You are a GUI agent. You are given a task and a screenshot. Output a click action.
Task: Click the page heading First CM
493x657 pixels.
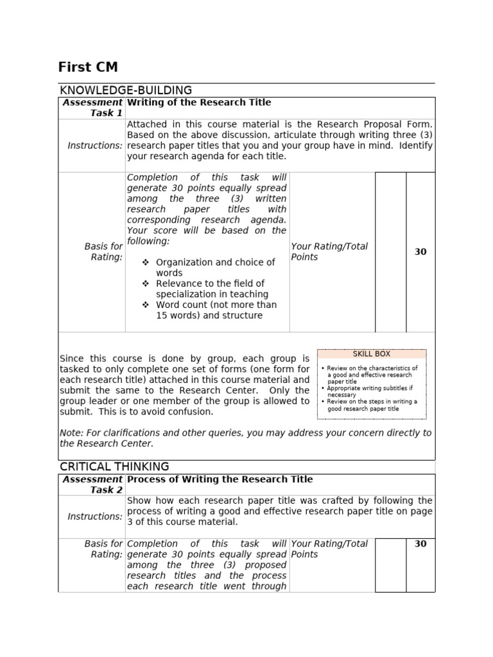(88, 67)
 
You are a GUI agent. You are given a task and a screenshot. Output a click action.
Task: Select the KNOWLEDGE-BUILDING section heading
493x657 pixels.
(125, 90)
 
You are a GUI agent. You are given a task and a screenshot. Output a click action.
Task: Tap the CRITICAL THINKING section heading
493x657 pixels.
(114, 466)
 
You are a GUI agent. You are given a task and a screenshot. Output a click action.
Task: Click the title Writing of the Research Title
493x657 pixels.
(199, 103)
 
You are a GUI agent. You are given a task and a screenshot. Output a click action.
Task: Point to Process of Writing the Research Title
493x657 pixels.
(220, 479)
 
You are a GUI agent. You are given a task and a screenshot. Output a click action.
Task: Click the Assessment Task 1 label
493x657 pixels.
(92, 108)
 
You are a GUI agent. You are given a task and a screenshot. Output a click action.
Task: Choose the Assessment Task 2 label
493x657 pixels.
(92, 484)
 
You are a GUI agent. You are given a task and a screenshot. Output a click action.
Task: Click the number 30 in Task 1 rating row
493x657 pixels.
(420, 252)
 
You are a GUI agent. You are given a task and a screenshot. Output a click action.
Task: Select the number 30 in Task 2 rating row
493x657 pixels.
(420, 544)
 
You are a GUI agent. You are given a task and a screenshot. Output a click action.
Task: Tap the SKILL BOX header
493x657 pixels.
(371, 354)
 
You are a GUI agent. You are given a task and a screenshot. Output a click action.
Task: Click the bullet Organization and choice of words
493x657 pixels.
(215, 268)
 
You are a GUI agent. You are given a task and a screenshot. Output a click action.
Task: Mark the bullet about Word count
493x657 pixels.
(216, 310)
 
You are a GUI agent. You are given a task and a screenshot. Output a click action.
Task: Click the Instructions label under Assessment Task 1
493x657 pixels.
(95, 146)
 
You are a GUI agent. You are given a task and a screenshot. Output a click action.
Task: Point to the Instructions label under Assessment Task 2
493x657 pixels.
(95, 516)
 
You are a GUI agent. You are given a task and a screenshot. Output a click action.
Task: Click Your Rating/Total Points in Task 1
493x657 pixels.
(329, 252)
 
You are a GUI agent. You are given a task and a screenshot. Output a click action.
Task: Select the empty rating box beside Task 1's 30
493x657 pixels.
(390, 252)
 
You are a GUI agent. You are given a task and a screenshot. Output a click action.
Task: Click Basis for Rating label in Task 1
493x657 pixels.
(103, 252)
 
